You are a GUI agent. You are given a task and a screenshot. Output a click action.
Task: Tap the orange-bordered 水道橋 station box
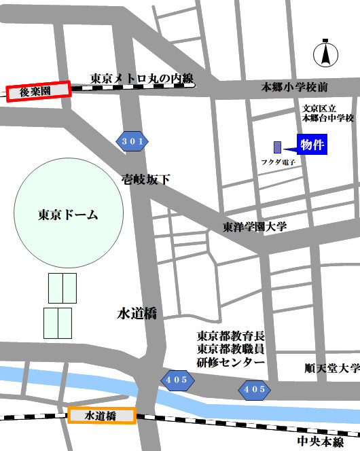coord(102,415)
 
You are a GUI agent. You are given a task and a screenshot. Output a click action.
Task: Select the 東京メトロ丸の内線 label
coord(142,78)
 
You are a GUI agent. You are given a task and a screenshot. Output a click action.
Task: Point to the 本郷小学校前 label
coord(295,87)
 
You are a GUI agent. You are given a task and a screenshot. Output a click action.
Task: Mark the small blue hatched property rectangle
coord(277,147)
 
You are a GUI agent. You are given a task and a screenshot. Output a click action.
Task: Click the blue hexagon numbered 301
coord(132,141)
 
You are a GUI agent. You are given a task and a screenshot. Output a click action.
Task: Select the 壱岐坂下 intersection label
coord(145,179)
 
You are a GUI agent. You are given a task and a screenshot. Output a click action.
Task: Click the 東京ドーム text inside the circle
coord(69,215)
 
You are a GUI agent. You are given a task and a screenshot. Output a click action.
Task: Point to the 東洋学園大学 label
coord(255,226)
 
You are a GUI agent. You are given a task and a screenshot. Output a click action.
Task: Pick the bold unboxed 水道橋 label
coord(137,313)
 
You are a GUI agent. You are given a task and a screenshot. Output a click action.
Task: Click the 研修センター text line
coord(231,362)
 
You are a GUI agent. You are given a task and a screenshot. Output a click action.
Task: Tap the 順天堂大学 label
coord(331,369)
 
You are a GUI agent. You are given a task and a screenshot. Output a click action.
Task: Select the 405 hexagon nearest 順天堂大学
coord(253,389)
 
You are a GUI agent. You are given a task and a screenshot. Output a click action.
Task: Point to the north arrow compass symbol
coord(325,54)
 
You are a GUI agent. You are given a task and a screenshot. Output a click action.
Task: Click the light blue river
coord(68,380)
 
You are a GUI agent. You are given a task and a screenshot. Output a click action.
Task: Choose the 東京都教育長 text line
coord(230,336)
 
